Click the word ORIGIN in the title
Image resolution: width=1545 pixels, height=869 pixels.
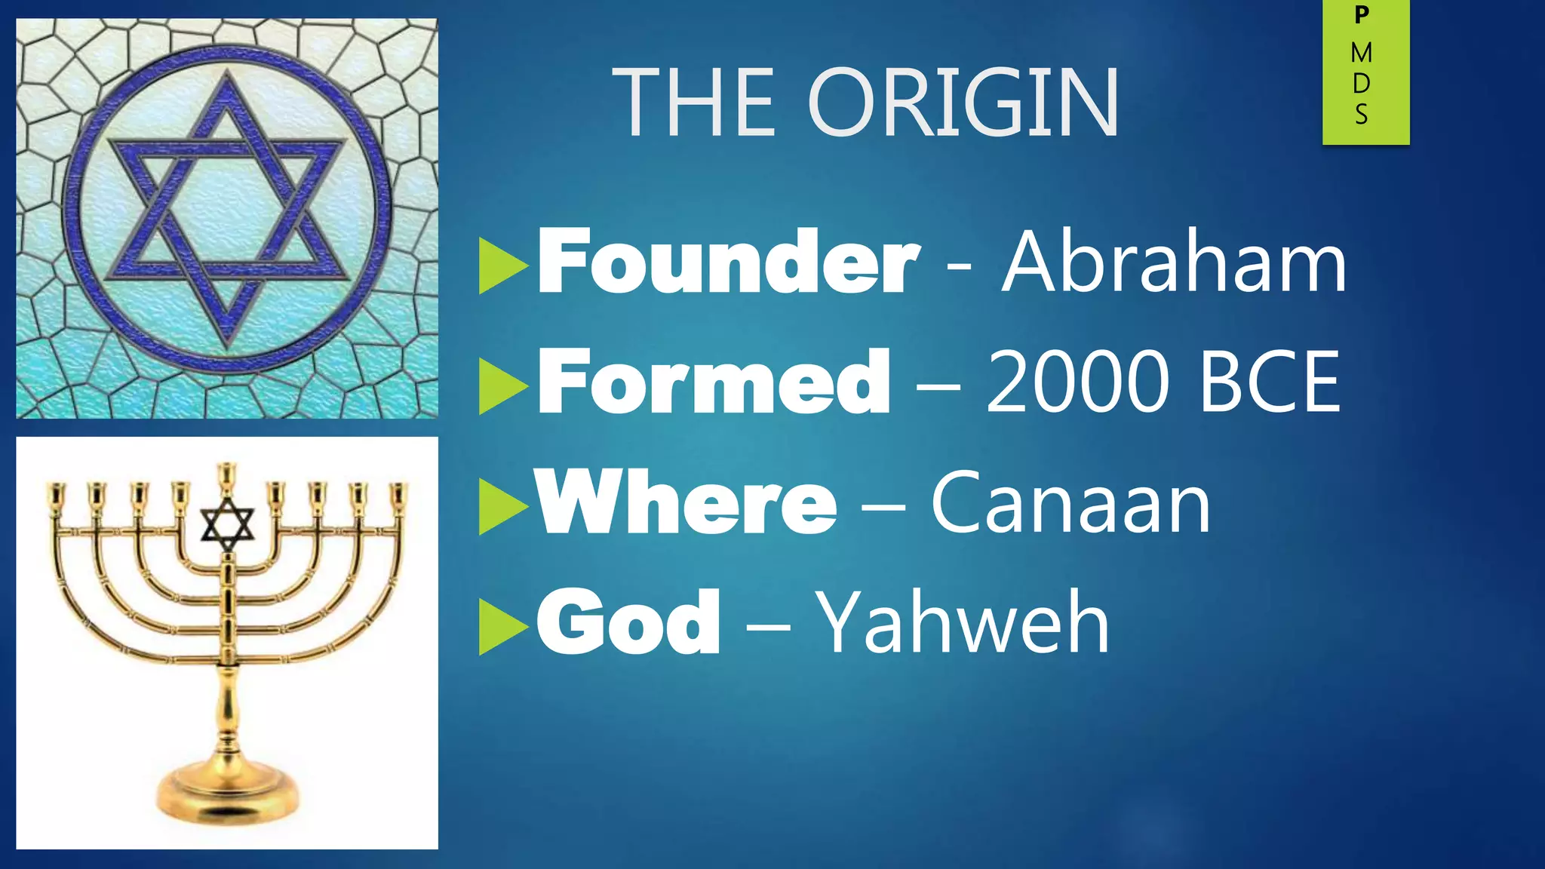click(x=963, y=103)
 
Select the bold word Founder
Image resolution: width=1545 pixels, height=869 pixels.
click(x=728, y=262)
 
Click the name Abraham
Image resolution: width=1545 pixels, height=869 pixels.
click(x=1174, y=262)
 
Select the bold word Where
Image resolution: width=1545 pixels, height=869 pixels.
click(x=686, y=502)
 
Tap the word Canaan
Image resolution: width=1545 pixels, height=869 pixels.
click(x=1070, y=502)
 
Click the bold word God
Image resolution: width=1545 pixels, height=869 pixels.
click(x=628, y=623)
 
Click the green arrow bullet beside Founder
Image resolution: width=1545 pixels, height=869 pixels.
click(x=502, y=266)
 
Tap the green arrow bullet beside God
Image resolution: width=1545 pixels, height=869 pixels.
click(x=502, y=626)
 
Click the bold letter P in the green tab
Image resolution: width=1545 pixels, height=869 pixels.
click(x=1362, y=15)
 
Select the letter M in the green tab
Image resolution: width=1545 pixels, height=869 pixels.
click(x=1362, y=53)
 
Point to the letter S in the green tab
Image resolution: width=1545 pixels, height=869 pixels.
click(x=1362, y=115)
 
